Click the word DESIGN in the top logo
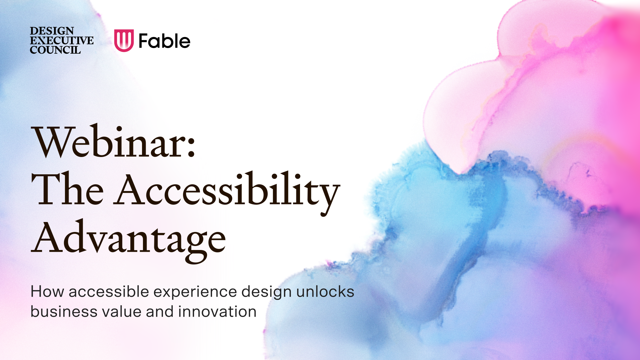[52, 31]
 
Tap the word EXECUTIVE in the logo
[62, 41]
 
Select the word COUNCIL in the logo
[55, 50]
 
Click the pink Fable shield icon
[124, 40]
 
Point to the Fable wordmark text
[164, 41]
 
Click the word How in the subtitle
[47, 292]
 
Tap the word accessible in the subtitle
[109, 292]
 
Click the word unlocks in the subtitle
[325, 292]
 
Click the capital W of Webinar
[52, 142]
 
